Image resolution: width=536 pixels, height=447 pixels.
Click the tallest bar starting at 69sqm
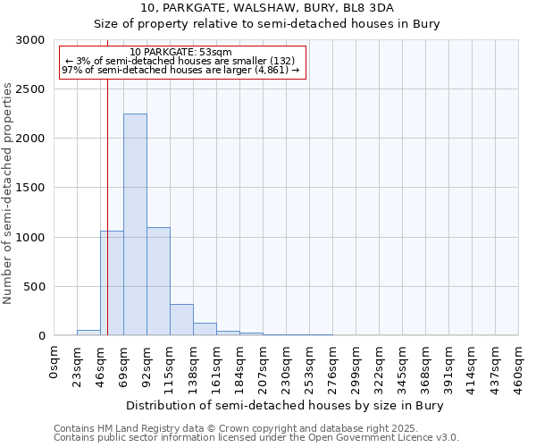[135, 224]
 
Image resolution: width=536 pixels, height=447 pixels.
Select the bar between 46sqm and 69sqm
[112, 283]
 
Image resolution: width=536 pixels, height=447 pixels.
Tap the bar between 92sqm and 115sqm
[158, 281]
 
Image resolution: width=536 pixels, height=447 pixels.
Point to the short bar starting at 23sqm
[88, 333]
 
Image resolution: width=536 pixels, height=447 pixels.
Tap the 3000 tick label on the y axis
[30, 40]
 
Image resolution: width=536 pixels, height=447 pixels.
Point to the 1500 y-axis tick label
[30, 188]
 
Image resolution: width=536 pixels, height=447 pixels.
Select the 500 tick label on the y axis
[34, 287]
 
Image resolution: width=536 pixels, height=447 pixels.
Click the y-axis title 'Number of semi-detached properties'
[9, 193]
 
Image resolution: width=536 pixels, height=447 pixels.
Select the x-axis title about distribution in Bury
[285, 405]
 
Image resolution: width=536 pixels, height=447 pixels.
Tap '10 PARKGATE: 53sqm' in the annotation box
[180, 52]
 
